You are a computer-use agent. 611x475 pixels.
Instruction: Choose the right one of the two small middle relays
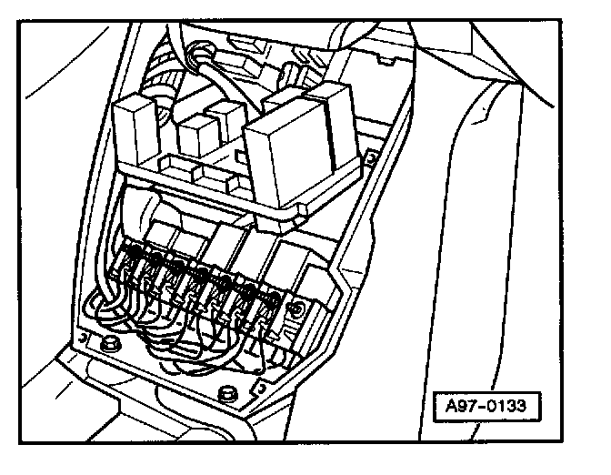225,125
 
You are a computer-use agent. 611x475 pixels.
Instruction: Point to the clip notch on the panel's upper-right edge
372,157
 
